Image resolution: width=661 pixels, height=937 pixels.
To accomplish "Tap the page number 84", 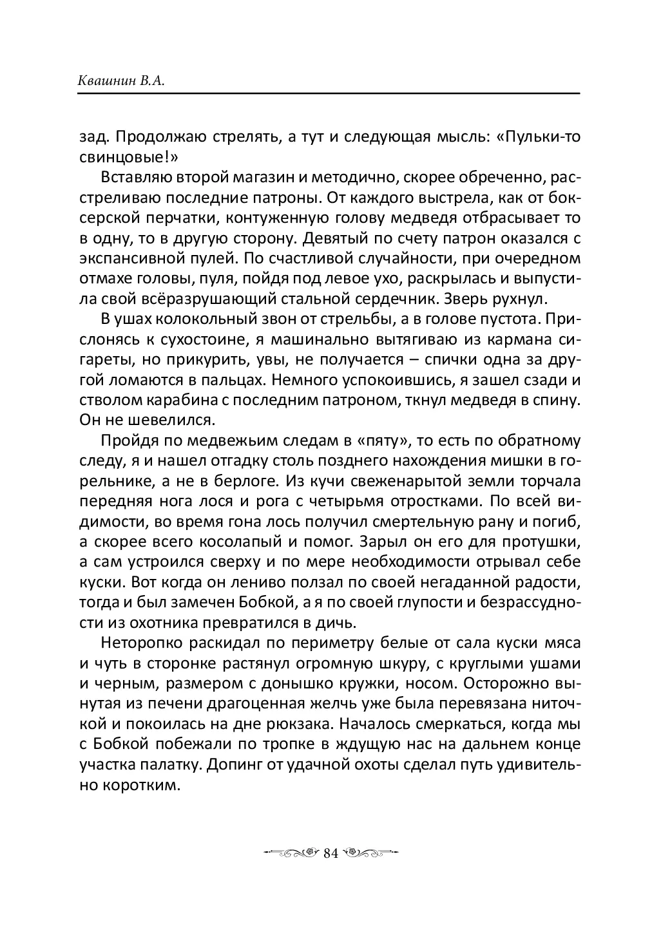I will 330,853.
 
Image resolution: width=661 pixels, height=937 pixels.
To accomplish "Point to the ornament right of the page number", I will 371,853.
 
